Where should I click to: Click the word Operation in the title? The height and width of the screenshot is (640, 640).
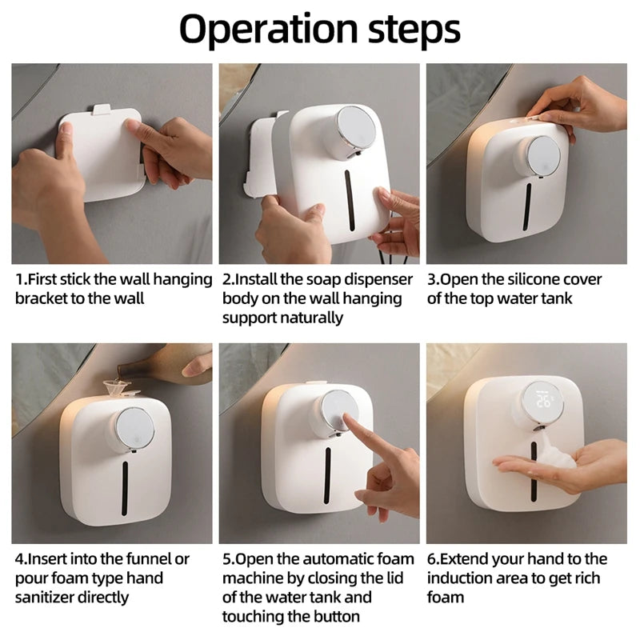(x=270, y=29)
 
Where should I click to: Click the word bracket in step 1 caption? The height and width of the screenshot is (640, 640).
(x=44, y=298)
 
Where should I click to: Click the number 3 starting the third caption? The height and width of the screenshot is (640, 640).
(x=432, y=279)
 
